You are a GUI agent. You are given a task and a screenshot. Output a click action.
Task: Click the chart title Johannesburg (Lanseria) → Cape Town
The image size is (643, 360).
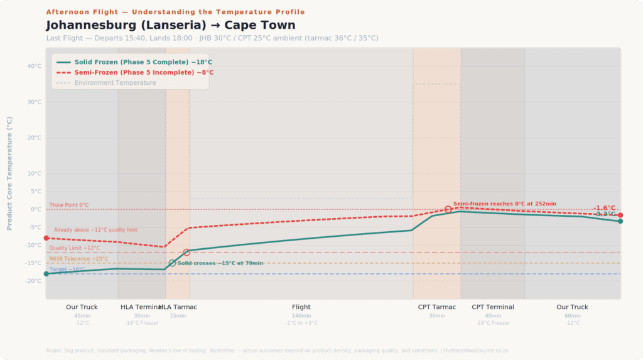point(170,25)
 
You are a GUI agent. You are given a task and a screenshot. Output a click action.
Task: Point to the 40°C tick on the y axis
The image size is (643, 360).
point(34,66)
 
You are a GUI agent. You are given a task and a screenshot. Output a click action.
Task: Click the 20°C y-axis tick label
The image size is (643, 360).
point(34,138)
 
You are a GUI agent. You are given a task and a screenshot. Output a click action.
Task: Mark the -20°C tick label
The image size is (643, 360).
point(33,281)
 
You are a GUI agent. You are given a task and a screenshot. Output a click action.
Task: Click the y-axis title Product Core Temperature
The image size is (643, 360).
point(9,173)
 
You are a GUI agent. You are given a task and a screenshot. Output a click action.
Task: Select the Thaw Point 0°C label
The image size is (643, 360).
point(69,205)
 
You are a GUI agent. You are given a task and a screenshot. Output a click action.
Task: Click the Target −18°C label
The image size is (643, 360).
point(67,270)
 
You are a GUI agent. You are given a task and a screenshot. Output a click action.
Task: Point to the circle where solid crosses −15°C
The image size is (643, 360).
point(172,263)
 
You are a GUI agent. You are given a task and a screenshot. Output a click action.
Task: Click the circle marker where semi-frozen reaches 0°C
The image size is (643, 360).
point(448,209)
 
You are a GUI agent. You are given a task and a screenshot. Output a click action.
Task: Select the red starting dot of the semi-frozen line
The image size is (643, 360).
point(46,238)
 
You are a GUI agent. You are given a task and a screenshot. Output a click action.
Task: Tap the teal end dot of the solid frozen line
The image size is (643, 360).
point(620,221)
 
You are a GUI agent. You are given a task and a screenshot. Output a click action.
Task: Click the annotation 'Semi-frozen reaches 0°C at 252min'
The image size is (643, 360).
point(504,204)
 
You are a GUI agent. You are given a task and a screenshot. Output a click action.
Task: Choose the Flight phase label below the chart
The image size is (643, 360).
point(301,307)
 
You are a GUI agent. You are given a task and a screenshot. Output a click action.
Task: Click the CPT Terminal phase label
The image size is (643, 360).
point(493,307)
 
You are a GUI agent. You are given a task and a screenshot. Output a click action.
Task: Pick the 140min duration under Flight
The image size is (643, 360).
point(301,315)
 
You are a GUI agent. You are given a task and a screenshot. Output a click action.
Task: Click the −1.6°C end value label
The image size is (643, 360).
point(605,208)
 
